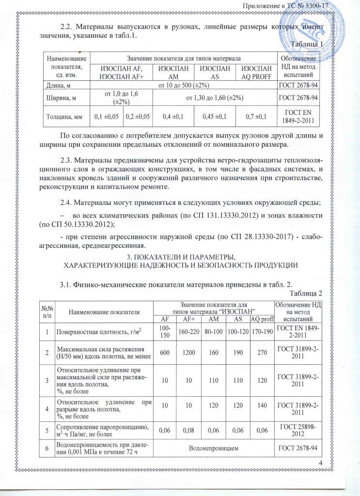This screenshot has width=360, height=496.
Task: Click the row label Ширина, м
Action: coord(59,98)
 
